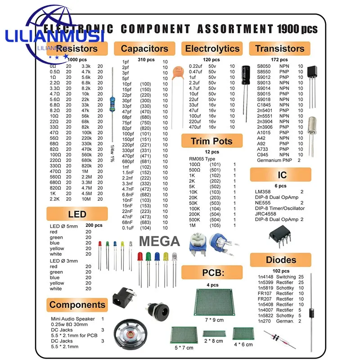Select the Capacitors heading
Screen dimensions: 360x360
144,49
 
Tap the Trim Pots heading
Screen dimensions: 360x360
211,141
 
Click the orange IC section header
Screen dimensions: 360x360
281,175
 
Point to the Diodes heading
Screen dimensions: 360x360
281,260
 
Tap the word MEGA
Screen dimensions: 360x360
159,241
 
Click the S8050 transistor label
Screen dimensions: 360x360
265,66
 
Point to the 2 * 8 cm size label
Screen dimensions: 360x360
213,341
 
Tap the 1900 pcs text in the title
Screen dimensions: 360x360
297,29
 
